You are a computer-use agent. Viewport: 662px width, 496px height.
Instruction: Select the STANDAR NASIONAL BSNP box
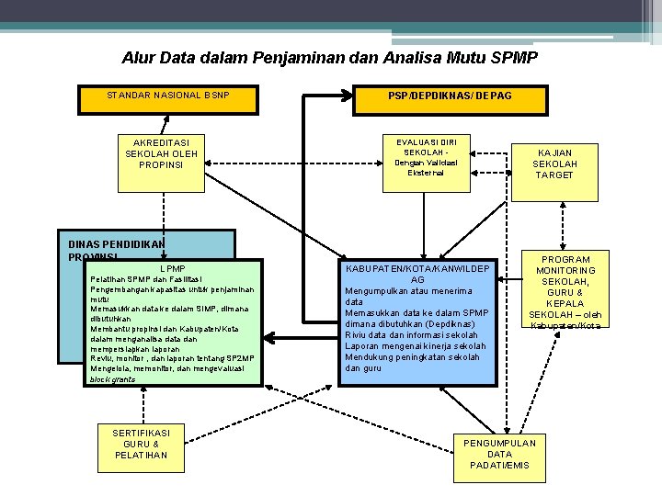(168, 96)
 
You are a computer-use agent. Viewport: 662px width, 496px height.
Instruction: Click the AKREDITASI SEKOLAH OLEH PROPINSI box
(161, 154)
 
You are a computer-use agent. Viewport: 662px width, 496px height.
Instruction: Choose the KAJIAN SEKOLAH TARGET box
(554, 163)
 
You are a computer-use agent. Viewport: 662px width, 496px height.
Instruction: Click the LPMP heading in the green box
(172, 268)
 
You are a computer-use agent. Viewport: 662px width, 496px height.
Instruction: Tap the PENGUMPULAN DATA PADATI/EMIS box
(500, 455)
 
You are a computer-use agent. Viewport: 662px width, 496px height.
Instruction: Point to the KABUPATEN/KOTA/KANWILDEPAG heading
(417, 274)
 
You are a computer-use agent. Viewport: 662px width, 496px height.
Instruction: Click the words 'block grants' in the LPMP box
(112, 378)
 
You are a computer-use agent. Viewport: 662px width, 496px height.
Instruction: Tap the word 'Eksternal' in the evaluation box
(426, 173)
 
